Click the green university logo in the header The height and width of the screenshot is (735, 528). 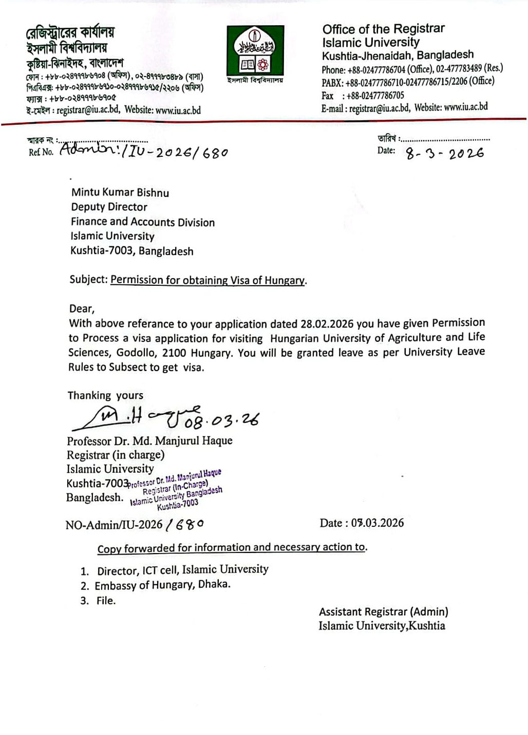(x=255, y=50)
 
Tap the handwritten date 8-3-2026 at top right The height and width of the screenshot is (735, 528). (x=444, y=153)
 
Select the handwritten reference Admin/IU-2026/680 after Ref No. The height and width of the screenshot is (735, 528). (x=144, y=151)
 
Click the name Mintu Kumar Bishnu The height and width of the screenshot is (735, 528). (x=120, y=193)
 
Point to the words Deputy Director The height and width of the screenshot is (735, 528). (x=109, y=207)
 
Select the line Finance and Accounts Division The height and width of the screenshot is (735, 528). (x=143, y=222)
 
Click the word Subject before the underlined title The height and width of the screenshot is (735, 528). (x=88, y=280)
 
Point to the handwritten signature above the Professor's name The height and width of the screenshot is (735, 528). (x=123, y=417)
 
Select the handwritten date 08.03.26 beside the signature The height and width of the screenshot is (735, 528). (x=222, y=420)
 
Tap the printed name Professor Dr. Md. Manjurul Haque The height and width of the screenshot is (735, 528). (x=149, y=441)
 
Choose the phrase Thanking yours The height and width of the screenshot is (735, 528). (x=105, y=396)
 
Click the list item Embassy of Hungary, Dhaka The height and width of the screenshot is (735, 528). (x=162, y=585)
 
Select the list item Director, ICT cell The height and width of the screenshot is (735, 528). (x=182, y=570)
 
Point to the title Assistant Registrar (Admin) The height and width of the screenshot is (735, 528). (x=383, y=612)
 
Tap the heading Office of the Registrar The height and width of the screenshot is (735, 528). (x=383, y=29)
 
